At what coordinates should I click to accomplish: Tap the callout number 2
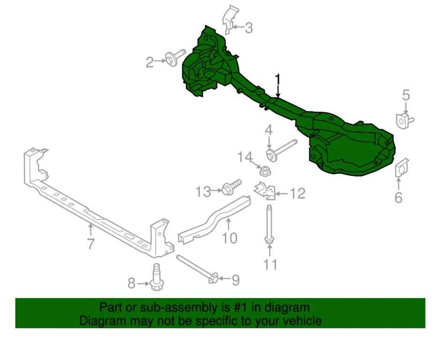[150, 62]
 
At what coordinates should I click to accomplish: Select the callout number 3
[249, 28]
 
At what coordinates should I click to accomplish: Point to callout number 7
[91, 244]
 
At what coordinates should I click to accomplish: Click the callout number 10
[230, 238]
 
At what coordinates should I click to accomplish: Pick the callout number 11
[270, 264]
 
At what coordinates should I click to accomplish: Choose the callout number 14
[245, 157]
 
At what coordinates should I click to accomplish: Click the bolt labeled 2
[175, 58]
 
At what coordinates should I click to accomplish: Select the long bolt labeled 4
[281, 150]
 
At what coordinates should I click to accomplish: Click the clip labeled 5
[404, 120]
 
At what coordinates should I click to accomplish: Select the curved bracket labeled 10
[214, 220]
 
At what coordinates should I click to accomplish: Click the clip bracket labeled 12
[265, 190]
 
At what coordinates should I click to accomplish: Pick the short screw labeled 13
[232, 187]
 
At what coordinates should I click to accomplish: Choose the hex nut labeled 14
[265, 170]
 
